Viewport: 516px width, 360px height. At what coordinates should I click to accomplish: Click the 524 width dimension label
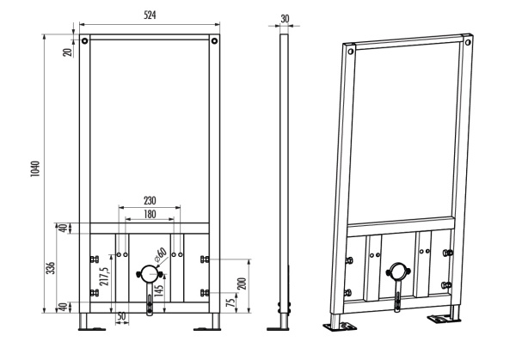150,15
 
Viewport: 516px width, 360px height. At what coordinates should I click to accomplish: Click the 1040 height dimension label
35,169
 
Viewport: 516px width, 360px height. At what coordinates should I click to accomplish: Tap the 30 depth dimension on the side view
285,19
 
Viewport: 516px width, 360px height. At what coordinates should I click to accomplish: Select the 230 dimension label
150,200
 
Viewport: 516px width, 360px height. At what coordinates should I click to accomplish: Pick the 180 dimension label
150,214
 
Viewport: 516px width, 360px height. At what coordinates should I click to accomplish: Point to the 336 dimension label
51,268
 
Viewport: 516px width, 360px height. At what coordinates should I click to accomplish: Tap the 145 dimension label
158,290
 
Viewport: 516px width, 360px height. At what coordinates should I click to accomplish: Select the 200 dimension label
242,284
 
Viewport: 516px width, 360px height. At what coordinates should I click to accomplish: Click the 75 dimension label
232,301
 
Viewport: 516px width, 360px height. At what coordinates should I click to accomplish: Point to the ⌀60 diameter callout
161,255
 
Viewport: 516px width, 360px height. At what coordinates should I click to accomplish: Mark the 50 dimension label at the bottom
121,316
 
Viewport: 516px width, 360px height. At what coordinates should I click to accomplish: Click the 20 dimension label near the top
67,52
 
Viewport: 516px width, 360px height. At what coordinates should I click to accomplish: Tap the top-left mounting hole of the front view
85,40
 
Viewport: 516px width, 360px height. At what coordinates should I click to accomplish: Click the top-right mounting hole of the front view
214,40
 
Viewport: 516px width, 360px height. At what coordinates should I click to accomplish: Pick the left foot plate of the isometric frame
340,326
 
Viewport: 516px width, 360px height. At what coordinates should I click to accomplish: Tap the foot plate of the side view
278,328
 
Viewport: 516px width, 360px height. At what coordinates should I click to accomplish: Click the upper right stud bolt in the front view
205,259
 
